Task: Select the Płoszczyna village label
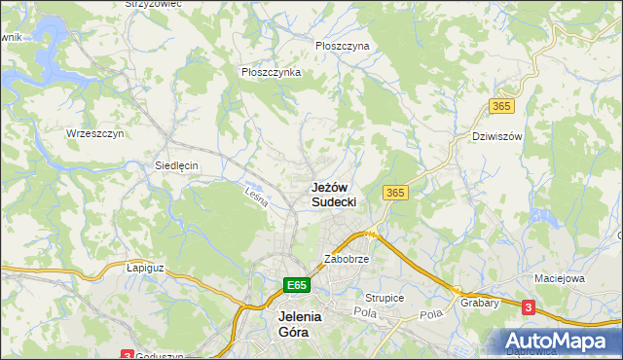point(343,46)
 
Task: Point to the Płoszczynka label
point(271,72)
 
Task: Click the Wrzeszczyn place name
point(94,133)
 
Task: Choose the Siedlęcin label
point(176,165)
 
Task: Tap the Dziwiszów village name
point(496,136)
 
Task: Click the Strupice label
point(384,297)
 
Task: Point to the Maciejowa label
point(558,278)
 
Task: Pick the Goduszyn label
point(161,355)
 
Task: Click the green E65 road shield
point(297,285)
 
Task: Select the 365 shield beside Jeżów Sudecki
point(394,193)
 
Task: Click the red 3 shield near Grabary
point(528,307)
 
